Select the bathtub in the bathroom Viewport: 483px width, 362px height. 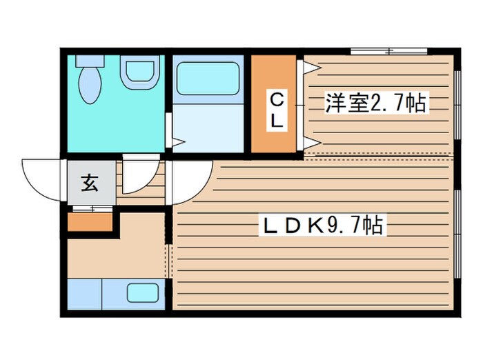207,79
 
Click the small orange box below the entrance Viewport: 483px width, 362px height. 90,222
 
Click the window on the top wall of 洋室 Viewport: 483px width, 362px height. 386,51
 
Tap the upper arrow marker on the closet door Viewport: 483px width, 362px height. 308,67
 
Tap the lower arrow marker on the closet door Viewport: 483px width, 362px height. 309,143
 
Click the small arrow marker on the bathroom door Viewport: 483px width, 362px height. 177,143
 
